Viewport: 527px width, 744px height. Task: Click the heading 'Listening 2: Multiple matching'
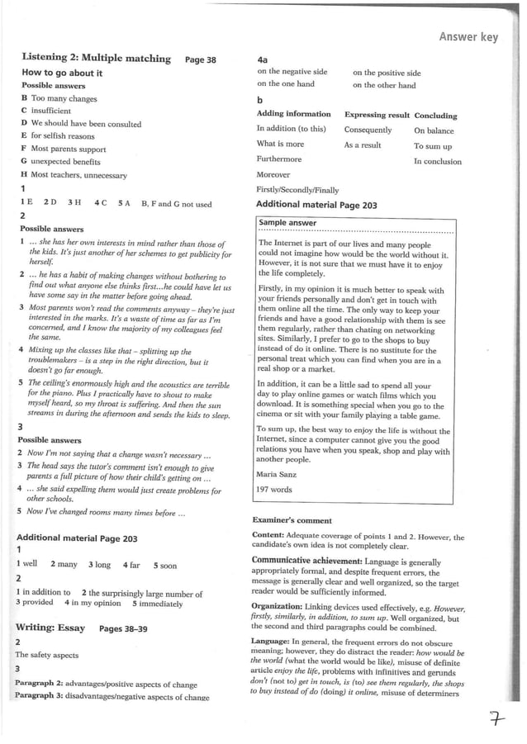[x=96, y=59]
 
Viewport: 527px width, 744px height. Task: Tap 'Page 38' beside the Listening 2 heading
[x=201, y=59]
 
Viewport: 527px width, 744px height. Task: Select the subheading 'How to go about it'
[x=62, y=73]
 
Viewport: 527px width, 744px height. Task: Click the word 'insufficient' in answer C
[x=51, y=111]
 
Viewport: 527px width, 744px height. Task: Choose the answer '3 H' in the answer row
[x=74, y=203]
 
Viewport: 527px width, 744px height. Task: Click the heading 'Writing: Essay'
[x=50, y=628]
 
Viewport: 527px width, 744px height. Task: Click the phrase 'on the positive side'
[x=387, y=73]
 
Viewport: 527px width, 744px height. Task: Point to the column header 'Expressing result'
[x=377, y=115]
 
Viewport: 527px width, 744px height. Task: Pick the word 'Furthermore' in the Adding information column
[x=279, y=159]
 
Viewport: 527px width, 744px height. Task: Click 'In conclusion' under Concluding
[x=438, y=162]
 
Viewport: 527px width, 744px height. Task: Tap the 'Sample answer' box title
[x=287, y=223]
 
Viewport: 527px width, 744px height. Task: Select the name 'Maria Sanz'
[x=277, y=474]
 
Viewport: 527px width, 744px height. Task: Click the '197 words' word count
[x=275, y=490]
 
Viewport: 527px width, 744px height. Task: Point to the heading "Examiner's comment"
[x=292, y=521]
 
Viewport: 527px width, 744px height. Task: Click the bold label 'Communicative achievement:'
[x=305, y=561]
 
